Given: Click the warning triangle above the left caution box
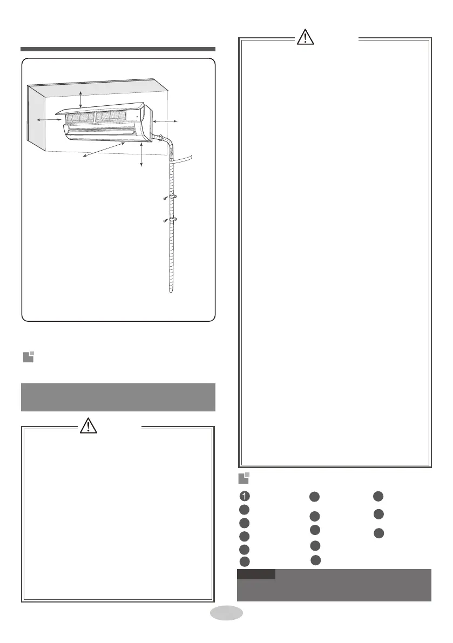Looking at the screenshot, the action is tap(86, 427).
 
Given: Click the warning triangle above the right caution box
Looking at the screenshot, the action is tap(304, 38).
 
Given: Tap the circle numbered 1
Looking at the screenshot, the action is tap(245, 497).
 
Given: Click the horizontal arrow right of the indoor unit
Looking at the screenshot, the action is tap(167, 123).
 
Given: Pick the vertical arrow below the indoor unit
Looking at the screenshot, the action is tap(141, 156).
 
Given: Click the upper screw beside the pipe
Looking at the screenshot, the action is tap(165, 199).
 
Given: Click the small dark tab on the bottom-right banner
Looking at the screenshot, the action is tap(256, 574).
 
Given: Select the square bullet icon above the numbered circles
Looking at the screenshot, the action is tap(245, 478).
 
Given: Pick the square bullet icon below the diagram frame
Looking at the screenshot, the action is tap(28, 357).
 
